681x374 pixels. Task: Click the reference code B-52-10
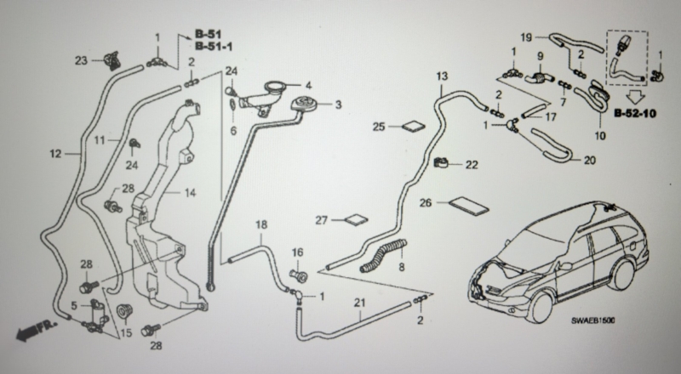635,114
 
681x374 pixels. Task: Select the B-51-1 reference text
214,46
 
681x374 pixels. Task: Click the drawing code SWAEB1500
592,320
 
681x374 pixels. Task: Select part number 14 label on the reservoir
190,193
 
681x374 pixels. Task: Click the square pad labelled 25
414,127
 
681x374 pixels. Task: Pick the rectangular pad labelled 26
468,206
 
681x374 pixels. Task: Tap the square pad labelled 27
357,220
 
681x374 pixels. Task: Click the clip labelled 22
442,163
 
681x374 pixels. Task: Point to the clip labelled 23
111,60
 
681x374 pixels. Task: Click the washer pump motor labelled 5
96,314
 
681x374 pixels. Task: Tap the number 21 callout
359,303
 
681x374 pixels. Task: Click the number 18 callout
261,224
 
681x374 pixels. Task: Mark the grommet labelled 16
299,274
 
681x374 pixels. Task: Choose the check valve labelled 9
539,78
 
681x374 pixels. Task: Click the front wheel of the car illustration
541,307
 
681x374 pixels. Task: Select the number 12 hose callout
55,154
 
